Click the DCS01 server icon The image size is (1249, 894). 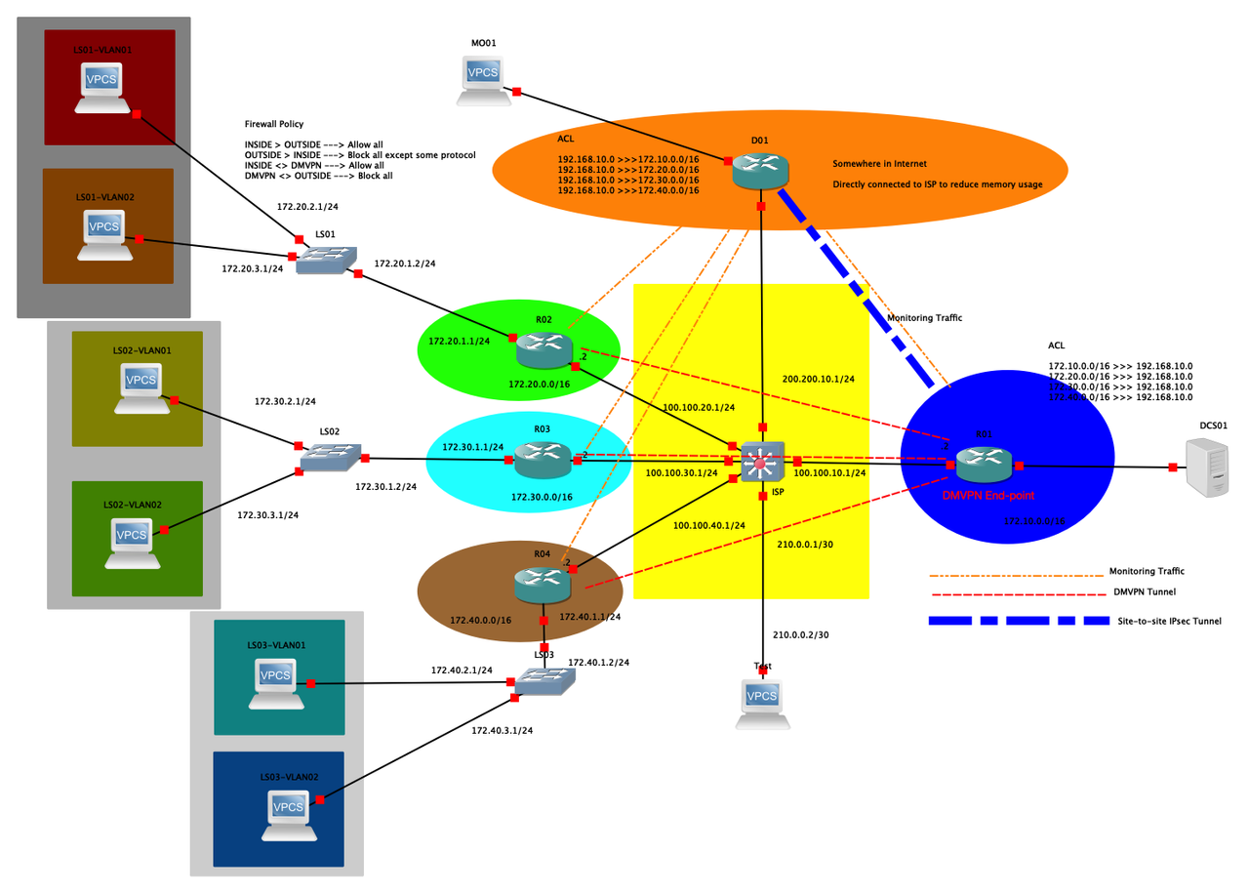click(x=1206, y=467)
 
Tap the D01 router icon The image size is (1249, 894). click(x=760, y=172)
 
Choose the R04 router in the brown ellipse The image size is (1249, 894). click(x=543, y=583)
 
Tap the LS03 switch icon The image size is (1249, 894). click(x=544, y=681)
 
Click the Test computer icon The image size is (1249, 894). click(x=762, y=702)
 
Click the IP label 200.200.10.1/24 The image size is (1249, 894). click(x=818, y=379)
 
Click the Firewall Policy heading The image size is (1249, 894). click(x=274, y=124)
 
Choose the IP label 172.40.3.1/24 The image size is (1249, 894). click(x=502, y=729)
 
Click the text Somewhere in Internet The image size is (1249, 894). click(x=879, y=163)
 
